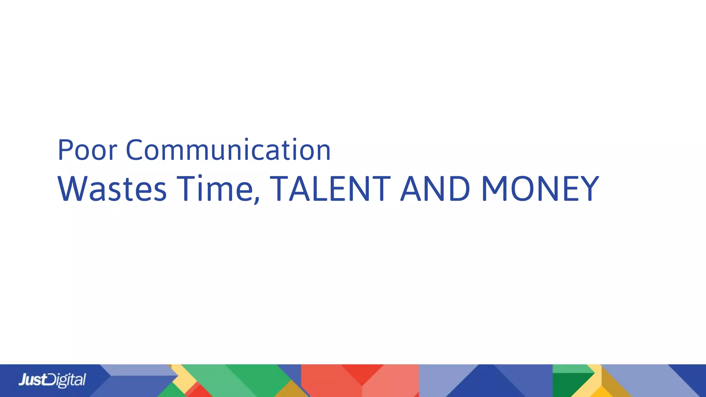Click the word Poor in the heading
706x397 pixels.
pos(88,150)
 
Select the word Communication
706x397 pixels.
pos(228,150)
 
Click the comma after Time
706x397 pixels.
pos(257,200)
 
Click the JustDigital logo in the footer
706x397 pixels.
pos(52,380)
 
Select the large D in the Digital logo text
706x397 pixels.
pos(52,380)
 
